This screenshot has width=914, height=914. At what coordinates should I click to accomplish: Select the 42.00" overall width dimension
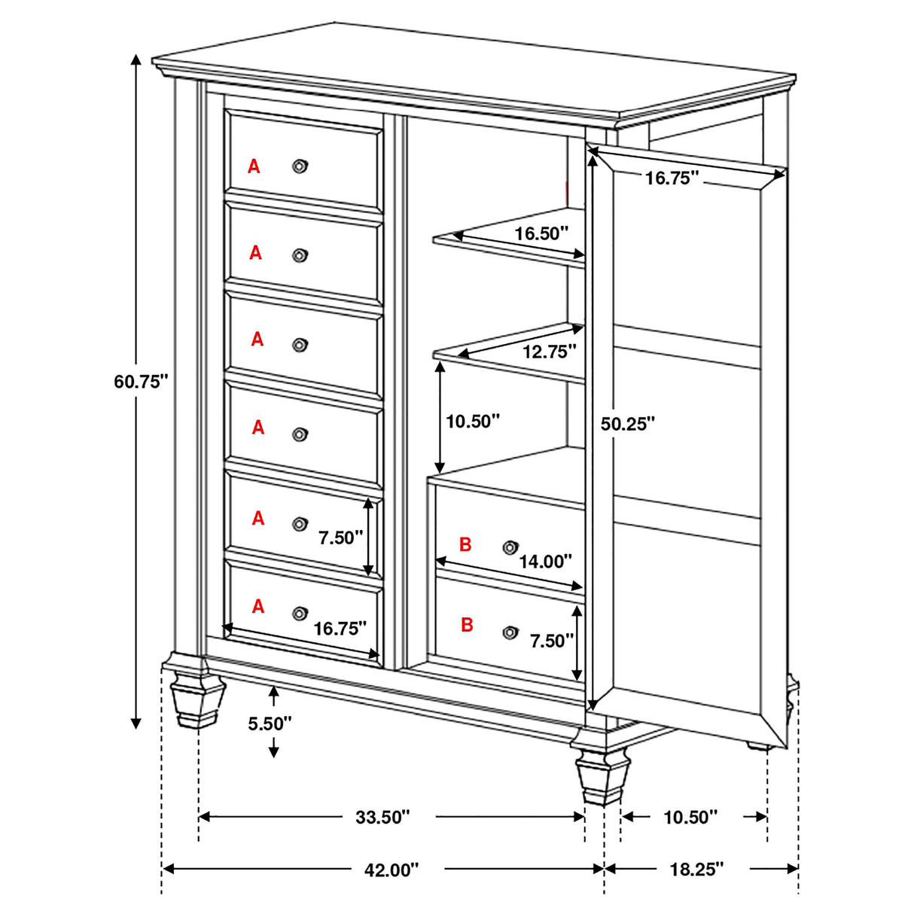tap(391, 870)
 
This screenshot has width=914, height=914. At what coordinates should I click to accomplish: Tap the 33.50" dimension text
tap(382, 817)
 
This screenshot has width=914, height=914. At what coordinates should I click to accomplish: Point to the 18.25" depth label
tap(696, 869)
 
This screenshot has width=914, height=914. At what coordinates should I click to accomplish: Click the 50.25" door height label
tap(628, 424)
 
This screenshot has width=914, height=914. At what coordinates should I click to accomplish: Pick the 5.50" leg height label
tap(270, 724)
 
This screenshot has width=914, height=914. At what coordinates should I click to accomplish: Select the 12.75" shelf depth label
tap(550, 351)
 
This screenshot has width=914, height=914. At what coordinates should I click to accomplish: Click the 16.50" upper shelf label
tap(541, 233)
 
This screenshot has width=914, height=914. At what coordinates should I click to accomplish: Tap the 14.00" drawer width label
tap(545, 561)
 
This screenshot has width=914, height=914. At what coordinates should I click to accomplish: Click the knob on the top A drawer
tap(300, 166)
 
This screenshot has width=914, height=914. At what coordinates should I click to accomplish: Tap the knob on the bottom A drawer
tap(300, 614)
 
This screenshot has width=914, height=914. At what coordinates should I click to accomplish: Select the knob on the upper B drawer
tap(510, 547)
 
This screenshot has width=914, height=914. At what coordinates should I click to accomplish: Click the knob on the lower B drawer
tap(510, 632)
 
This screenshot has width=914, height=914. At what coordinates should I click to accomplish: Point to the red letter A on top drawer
tap(254, 166)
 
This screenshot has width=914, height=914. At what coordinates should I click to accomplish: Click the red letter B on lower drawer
tap(467, 625)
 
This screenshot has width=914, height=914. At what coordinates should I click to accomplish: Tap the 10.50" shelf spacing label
tap(473, 421)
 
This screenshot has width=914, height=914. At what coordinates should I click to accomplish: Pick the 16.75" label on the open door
tap(672, 178)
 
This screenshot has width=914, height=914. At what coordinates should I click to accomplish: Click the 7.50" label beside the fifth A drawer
tap(340, 538)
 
